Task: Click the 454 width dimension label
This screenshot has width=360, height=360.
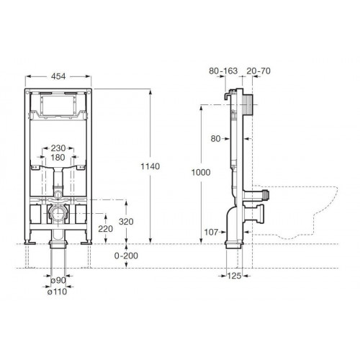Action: (58, 76)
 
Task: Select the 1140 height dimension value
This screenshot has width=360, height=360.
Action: (150, 166)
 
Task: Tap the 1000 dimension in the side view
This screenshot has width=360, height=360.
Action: (201, 172)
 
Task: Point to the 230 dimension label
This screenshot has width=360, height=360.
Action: (58, 148)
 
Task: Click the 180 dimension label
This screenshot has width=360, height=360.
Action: (58, 158)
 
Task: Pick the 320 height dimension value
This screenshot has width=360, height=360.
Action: (126, 222)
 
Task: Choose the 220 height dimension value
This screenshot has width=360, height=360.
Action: (106, 229)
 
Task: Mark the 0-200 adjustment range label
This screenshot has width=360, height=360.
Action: (126, 256)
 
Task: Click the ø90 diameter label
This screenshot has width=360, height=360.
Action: (58, 280)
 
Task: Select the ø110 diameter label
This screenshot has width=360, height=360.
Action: (57, 292)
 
